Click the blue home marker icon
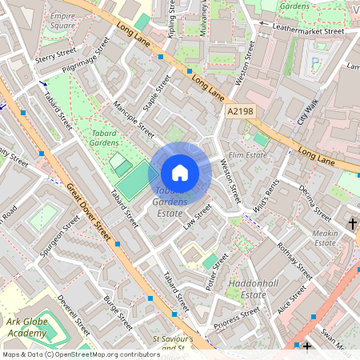click(180, 172)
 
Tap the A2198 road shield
click(241, 114)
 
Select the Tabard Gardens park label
click(104, 137)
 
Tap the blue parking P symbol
click(314, 60)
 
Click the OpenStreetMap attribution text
click(80, 354)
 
